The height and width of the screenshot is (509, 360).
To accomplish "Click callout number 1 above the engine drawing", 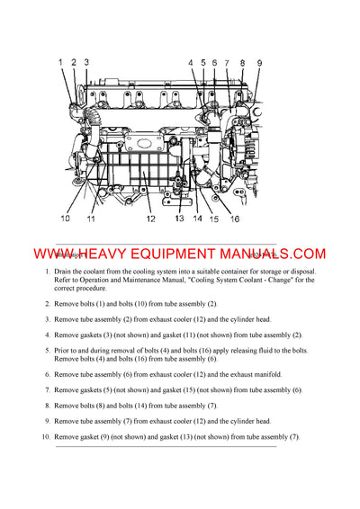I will point(61,62).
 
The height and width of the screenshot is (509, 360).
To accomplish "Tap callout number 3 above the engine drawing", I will point(85,62).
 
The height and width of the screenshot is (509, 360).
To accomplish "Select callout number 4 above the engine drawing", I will point(191,63).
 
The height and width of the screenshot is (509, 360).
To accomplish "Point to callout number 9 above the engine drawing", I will point(259,63).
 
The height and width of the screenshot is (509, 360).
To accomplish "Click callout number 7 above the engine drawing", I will point(227,63).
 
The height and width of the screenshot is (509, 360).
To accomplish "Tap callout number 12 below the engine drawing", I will point(150,219).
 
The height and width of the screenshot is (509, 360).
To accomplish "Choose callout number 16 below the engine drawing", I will point(234,219).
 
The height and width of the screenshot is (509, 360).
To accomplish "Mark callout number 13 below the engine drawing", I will point(179,219).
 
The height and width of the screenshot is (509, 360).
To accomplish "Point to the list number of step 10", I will point(45,437).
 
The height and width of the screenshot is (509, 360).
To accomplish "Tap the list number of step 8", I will point(47,406).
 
